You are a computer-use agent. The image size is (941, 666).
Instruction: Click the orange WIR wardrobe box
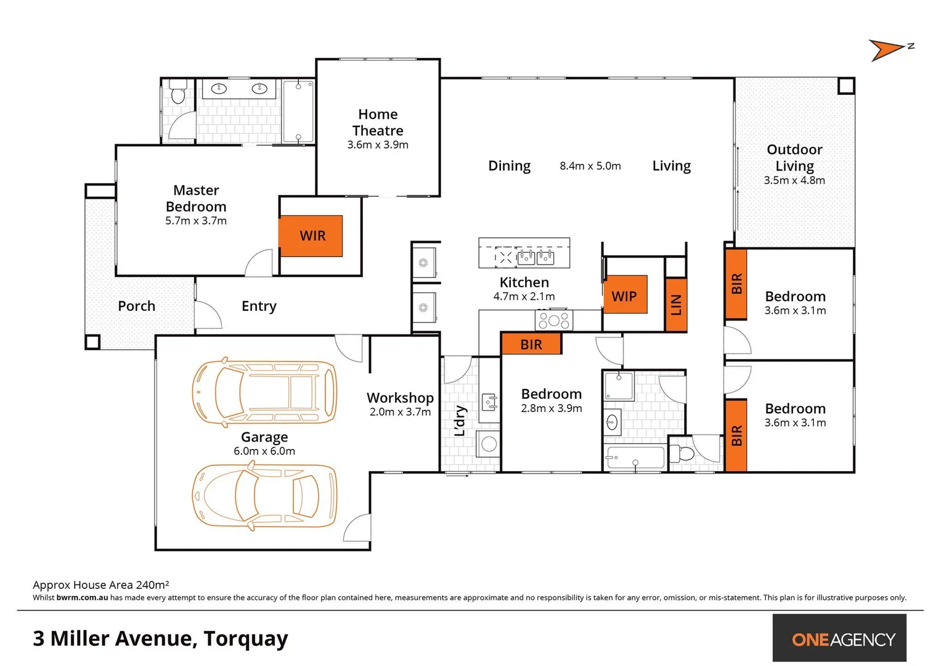click(x=311, y=236)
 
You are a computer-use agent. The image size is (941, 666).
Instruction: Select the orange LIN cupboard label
click(x=676, y=305)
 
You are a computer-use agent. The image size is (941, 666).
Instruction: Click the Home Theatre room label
click(x=378, y=122)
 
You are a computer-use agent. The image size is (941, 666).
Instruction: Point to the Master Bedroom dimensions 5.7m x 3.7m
click(x=196, y=221)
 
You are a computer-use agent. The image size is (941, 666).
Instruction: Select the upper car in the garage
click(x=264, y=392)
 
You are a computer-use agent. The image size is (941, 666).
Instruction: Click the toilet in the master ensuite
click(x=178, y=93)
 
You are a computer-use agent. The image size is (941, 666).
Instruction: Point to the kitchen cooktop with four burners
click(x=553, y=321)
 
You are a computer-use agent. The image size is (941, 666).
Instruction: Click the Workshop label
click(x=400, y=398)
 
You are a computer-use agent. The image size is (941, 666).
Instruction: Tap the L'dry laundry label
click(x=460, y=421)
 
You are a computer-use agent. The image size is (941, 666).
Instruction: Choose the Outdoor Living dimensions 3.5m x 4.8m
click(x=794, y=181)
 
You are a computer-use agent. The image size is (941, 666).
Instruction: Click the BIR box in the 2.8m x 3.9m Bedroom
click(x=531, y=344)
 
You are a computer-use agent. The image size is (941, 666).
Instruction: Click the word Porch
click(x=136, y=306)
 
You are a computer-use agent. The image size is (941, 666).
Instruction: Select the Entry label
click(x=259, y=306)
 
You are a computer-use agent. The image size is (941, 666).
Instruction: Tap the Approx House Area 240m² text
click(x=100, y=585)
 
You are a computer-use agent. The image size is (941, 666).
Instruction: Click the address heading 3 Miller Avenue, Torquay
click(x=160, y=638)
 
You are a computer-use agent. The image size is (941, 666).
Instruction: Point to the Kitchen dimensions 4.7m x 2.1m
click(x=524, y=297)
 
